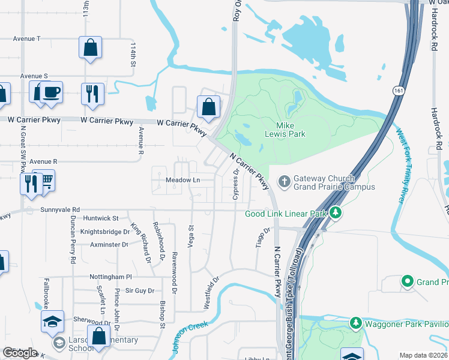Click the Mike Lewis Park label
pyautogui.click(x=291, y=129)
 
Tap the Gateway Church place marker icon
pyautogui.click(x=284, y=180)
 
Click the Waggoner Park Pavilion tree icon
pyautogui.click(x=355, y=324)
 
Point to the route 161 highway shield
pyautogui.click(x=399, y=90)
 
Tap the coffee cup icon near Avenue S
pyautogui.click(x=52, y=92)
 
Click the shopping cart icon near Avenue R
pyautogui.click(x=44, y=182)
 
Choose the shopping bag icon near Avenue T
pyautogui.click(x=90, y=47)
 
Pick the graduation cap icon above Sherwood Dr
pyautogui.click(x=52, y=321)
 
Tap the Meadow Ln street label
pyautogui.click(x=182, y=180)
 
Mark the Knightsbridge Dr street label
pyautogui.click(x=105, y=231)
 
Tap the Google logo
pyautogui.click(x=20, y=353)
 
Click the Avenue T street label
pyautogui.click(x=26, y=38)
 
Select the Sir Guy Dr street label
pyautogui.click(x=131, y=290)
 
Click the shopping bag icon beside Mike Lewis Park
pyautogui.click(x=208, y=107)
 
